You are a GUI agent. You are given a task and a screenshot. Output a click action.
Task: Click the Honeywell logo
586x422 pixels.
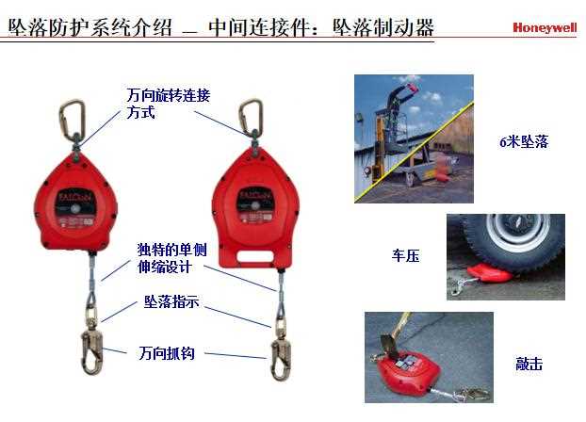(x=545, y=27)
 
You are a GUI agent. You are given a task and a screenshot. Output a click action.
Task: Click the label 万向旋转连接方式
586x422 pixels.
(x=169, y=104)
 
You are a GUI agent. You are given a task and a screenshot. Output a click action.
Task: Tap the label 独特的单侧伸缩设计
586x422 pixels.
(x=171, y=258)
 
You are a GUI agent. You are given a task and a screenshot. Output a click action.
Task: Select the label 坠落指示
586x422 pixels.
(x=171, y=301)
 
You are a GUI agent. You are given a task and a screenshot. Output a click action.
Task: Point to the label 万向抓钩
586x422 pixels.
(x=167, y=353)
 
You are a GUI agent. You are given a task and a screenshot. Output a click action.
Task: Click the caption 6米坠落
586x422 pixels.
(x=524, y=141)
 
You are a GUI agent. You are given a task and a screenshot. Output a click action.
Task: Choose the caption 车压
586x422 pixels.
(x=405, y=255)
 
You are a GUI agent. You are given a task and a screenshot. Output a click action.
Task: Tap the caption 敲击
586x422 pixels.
(x=529, y=364)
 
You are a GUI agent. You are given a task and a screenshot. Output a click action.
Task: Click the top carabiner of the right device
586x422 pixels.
(x=251, y=117)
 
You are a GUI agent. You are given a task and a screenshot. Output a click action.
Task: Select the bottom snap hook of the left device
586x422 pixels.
(x=91, y=352)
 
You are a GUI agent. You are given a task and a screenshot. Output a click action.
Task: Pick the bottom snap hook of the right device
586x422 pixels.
(x=281, y=359)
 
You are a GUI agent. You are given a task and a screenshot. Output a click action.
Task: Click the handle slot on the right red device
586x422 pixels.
(x=255, y=256)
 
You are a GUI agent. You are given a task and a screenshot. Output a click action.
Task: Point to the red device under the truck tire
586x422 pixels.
(x=490, y=272)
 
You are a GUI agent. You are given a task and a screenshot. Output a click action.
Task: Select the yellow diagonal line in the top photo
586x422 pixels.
(x=415, y=152)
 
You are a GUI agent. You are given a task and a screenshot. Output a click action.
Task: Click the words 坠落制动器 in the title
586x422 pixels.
(x=383, y=27)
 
